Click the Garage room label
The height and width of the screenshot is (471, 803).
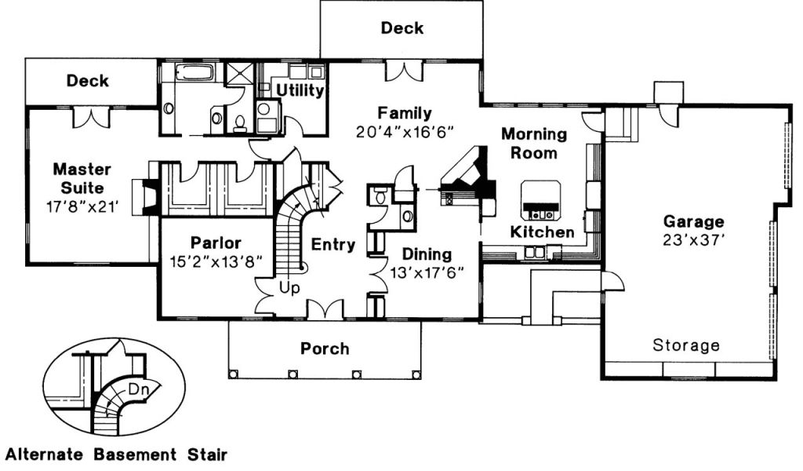coord(693,221)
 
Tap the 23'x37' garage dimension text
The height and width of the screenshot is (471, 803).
coord(693,239)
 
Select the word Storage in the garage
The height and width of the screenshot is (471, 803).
coord(686,345)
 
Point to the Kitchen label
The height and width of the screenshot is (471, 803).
coord(542,232)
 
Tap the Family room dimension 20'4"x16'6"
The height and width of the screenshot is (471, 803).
coord(404,130)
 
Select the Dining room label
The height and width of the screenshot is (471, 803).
coord(427,254)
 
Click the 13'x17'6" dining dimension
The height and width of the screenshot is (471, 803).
coord(427,272)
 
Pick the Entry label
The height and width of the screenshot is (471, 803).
coord(333,245)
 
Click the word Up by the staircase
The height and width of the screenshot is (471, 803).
coord(289,289)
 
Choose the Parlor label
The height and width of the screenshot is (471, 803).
coord(216,243)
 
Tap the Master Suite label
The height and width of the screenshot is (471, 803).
coord(82,178)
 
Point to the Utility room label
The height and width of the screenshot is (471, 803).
coord(300,91)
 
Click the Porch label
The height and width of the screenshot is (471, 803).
coord(325,349)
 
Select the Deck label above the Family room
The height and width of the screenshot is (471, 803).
coord(402,28)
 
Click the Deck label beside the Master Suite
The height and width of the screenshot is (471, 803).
coord(88,81)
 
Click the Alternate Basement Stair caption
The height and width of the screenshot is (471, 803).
coord(117,455)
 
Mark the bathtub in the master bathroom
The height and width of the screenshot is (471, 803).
coord(192,75)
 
